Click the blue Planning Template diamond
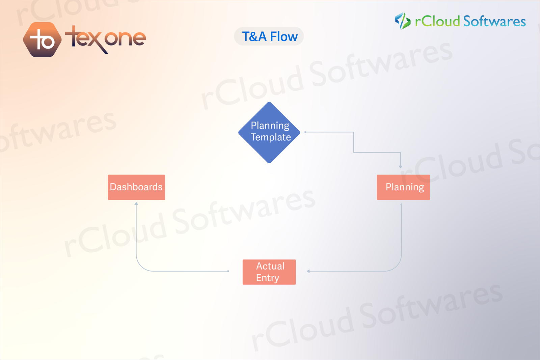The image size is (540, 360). coord(269,133)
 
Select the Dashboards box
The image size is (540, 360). coord(136,187)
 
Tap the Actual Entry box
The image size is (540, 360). coord(269,272)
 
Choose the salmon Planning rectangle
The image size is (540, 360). coord(403,187)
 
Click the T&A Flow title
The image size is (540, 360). coord(269,36)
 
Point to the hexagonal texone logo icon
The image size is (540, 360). coord(42,40)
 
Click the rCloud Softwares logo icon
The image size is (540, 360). coord(402,21)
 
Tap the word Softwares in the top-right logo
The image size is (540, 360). coord(494,21)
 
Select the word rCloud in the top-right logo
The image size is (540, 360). coord(437,21)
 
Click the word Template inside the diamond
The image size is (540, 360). coord(271,137)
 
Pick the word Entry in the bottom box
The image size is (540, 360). coord(268,278)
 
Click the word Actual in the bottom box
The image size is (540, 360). coord(270,266)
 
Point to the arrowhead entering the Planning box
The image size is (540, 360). coord(401,166)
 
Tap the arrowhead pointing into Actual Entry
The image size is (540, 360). coord(308,271)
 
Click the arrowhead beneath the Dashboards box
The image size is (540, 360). coord(136,203)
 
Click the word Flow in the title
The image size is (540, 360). coord(284,36)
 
